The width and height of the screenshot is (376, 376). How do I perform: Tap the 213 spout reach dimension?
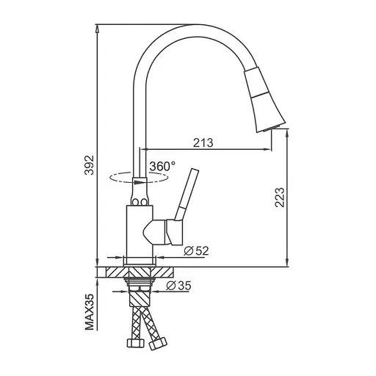202,143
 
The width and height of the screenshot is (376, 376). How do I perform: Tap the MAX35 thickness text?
88,311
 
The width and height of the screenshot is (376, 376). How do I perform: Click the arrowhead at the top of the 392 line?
98,28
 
